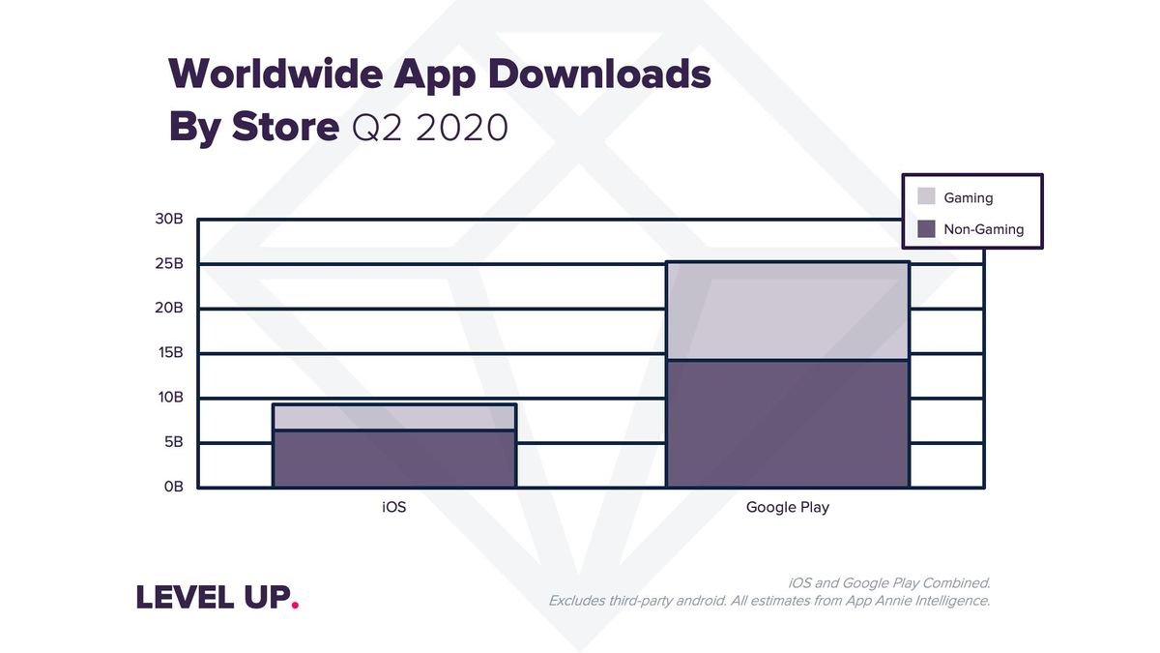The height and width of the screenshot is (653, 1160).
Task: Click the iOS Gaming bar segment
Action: coord(394,417)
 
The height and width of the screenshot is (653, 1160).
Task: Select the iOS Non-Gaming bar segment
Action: coord(394,459)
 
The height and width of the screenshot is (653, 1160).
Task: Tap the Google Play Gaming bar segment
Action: coord(787,312)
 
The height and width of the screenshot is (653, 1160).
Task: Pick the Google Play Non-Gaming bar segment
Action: coord(787,424)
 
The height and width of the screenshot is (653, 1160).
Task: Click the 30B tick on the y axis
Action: coord(168,220)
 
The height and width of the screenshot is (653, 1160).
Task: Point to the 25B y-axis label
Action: coord(168,264)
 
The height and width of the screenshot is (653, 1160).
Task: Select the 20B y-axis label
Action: coord(168,309)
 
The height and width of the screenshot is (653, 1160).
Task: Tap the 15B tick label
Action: coord(168,353)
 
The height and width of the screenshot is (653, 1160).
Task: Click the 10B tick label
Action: coord(168,398)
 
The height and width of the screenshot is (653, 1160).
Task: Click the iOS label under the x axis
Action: coord(394,507)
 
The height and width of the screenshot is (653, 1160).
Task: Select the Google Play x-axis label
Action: coord(787,507)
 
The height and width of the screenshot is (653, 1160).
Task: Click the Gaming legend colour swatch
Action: coord(926,197)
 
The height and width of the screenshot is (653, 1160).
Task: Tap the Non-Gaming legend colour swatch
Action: coord(926,229)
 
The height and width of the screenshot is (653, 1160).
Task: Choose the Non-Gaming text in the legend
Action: coord(983,229)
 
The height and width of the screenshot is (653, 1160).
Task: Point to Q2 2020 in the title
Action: coord(430,128)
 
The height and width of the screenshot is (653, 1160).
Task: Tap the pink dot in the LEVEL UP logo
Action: coord(295,607)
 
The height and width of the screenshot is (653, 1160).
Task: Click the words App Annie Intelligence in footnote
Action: coord(914,601)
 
